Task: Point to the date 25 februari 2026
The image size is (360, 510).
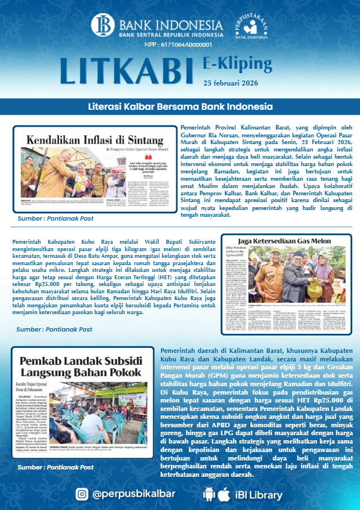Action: [231, 83]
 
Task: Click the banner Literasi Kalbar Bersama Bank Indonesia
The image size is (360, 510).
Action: [180, 106]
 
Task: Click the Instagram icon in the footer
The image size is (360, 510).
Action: [82, 494]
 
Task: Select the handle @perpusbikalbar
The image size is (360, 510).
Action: [134, 494]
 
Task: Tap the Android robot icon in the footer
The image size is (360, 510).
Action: [208, 494]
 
